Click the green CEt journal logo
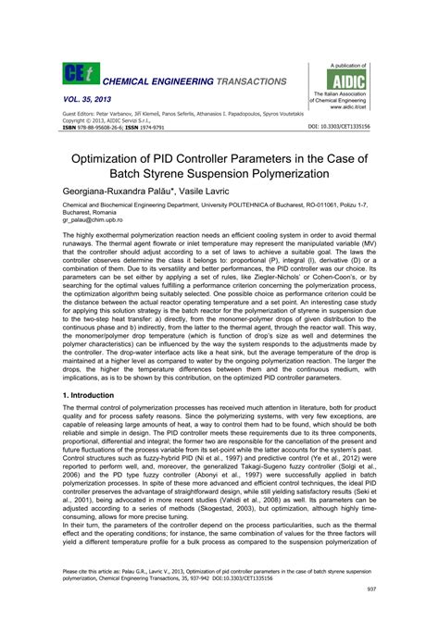[x=76, y=75]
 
